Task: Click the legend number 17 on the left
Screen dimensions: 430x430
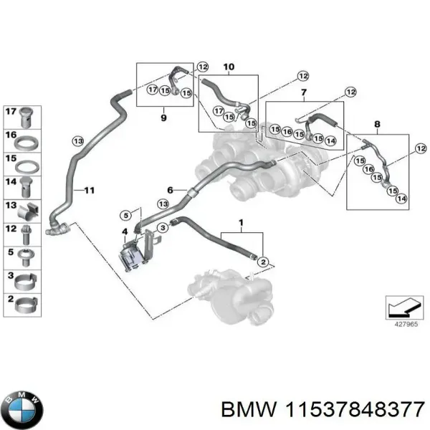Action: coord(10,112)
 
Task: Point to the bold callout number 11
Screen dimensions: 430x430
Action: coord(89,190)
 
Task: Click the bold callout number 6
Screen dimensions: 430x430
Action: coord(171,190)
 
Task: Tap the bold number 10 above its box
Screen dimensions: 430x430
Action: coord(228,67)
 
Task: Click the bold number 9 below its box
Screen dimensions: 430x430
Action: coord(163,117)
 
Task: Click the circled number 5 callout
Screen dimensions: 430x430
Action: coord(125,214)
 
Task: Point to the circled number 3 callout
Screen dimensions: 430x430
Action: coord(163,227)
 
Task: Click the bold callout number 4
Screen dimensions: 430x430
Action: coord(124,231)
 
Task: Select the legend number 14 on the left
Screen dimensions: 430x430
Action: coord(10,183)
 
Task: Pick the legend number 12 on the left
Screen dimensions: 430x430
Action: coord(10,229)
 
